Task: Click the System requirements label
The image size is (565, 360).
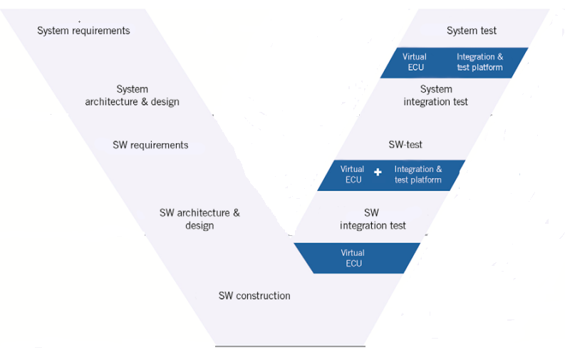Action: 83,31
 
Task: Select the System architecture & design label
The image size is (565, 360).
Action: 132,96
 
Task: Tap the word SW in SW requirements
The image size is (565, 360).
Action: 120,145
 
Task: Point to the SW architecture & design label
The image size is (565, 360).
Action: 199,219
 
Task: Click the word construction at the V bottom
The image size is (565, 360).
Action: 263,296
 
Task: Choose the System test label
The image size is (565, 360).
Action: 472,31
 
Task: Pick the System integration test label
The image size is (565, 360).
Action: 436,96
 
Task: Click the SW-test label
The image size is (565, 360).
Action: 405,145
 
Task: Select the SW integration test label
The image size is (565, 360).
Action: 373,219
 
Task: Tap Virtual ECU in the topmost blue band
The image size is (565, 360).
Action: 414,62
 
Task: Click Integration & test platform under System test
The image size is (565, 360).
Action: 480,62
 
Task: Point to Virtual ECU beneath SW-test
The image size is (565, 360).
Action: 352,175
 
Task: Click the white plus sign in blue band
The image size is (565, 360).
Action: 378,173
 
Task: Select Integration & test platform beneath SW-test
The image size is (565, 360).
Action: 418,175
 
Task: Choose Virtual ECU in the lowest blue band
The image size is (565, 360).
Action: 353,258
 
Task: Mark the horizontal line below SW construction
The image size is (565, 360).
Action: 290,346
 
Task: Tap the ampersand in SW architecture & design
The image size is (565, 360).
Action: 237,213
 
